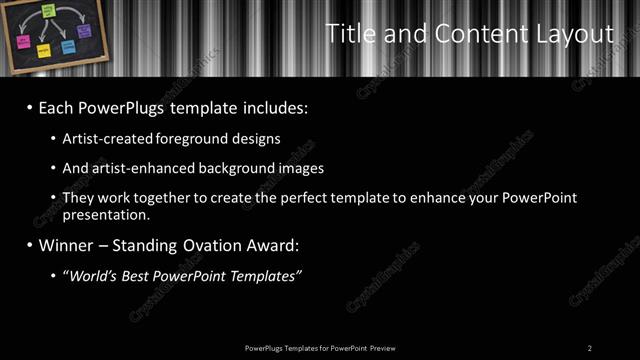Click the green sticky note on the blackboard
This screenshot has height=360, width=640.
click(48, 10)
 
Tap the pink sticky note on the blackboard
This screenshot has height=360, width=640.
click(23, 42)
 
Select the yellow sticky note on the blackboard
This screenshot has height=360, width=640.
click(44, 49)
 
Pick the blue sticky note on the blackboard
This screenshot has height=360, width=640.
click(67, 46)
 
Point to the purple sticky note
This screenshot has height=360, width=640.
click(85, 31)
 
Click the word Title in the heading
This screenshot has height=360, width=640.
click(351, 34)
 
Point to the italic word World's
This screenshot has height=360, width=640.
click(92, 274)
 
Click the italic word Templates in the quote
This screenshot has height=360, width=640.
click(264, 274)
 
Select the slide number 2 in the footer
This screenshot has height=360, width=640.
click(590, 347)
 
